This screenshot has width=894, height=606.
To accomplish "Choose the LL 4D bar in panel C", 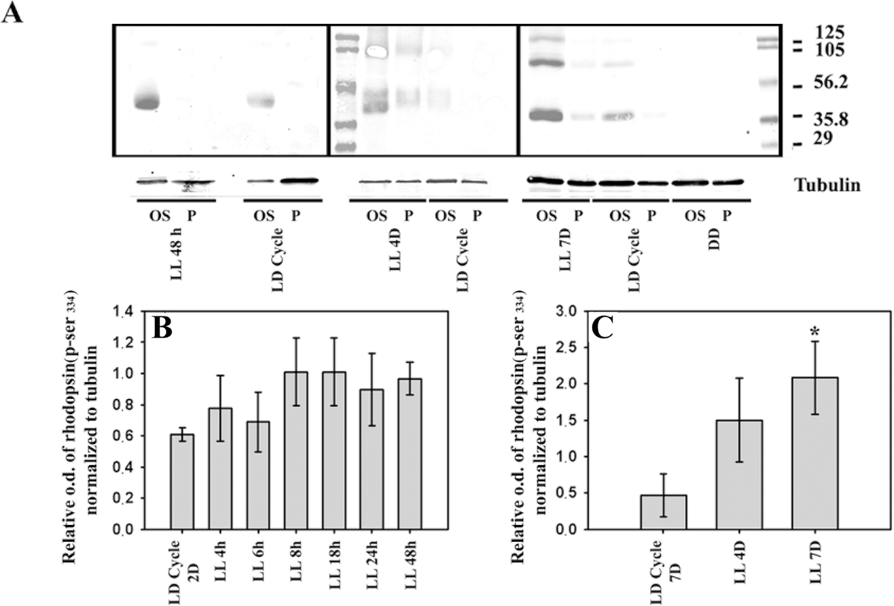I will [739, 475].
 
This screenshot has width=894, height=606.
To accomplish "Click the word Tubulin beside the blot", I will [828, 185].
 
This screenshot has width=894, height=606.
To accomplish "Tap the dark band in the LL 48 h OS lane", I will [146, 103].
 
